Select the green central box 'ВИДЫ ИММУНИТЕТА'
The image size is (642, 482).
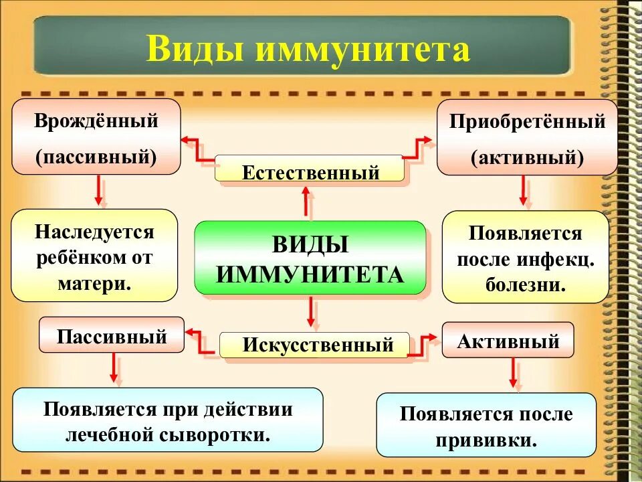point(310,258)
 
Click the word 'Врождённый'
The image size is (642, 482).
point(96,122)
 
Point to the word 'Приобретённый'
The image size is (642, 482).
point(527,122)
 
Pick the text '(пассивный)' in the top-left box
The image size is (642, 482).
point(96,157)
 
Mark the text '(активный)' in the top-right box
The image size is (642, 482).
point(527,159)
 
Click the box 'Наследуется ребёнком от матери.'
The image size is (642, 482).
point(94,257)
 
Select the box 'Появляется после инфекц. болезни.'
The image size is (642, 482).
point(526,258)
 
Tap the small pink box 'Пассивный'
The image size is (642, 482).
point(112,335)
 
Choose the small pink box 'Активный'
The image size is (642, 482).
point(508,341)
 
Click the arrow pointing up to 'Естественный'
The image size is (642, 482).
point(307,202)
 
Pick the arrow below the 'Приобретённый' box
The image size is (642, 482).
point(525,191)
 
